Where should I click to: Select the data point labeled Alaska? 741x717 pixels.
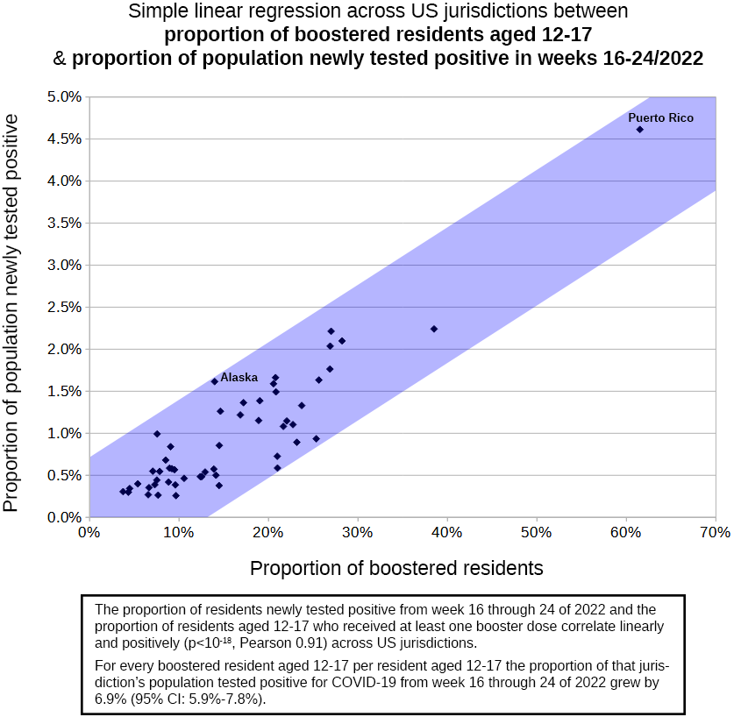coord(214,381)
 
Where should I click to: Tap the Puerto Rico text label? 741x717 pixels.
coord(660,117)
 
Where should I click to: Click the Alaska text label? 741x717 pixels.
coord(239,378)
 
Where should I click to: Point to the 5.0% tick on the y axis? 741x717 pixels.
coord(64,96)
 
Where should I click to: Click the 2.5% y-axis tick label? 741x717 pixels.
coord(64,307)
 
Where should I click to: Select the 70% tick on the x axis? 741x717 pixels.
coord(716,533)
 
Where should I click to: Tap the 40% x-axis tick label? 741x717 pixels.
coord(447,533)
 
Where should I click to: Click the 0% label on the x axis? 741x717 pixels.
coord(89,533)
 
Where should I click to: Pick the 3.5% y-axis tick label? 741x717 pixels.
coord(64,223)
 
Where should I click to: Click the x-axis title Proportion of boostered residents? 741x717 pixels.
coord(396,568)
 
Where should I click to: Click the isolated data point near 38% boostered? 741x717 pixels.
coord(434,329)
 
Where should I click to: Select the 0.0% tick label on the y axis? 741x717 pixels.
coord(64,517)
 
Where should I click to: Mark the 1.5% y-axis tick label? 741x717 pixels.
coord(64,391)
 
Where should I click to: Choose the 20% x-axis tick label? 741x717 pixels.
coord(268,533)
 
